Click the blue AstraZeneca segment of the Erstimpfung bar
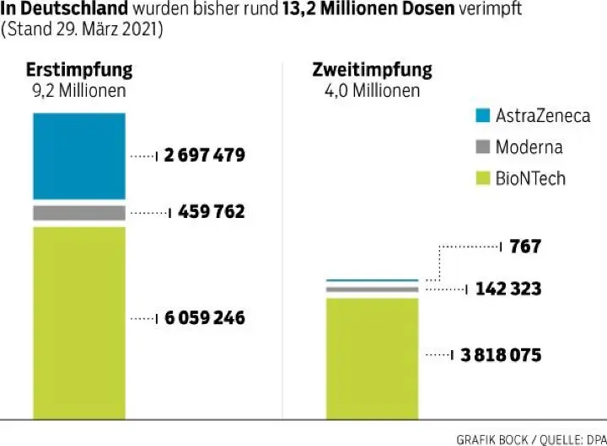79,156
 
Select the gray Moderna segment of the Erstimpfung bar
79,213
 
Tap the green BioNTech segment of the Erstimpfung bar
79,320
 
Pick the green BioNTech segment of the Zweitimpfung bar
372,357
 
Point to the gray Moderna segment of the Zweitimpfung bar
372,289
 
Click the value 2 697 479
204,156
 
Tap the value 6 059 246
204,318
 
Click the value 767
524,247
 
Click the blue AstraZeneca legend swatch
483,116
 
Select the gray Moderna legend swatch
483,147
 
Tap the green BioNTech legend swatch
483,178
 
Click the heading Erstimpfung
79,70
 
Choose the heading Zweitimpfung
372,70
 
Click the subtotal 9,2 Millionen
75,90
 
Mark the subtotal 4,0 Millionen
372,90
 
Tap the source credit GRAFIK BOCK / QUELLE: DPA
530,438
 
